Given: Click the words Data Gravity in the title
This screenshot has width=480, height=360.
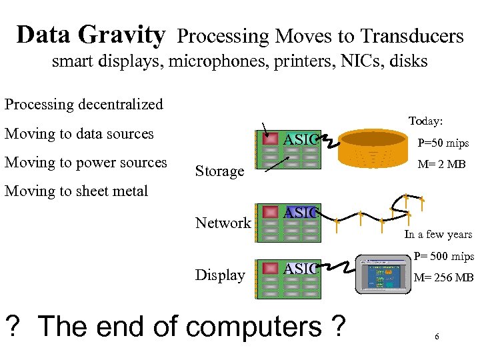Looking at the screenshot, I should (x=91, y=35).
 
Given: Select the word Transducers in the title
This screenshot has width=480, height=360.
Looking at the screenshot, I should (x=413, y=36).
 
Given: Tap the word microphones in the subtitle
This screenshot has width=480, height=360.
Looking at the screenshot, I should (x=212, y=62).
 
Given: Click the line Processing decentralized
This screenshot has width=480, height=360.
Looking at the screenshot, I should (x=84, y=105).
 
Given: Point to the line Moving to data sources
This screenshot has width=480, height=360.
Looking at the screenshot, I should (x=79, y=133).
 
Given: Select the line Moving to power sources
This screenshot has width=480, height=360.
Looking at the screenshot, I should (x=86, y=162).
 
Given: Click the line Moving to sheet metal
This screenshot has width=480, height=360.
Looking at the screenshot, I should (x=76, y=191).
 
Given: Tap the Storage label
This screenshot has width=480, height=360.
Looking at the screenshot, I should (x=219, y=171).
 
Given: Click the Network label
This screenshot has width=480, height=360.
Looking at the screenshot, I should (x=223, y=223).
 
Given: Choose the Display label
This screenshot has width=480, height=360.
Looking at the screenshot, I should (x=220, y=275).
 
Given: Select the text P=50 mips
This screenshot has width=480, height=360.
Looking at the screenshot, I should (x=443, y=143).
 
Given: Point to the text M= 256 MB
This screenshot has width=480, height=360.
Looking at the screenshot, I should (x=444, y=278).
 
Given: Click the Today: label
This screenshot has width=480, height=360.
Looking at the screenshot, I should (x=425, y=121).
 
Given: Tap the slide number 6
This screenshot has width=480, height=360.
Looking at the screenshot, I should (x=436, y=337).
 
